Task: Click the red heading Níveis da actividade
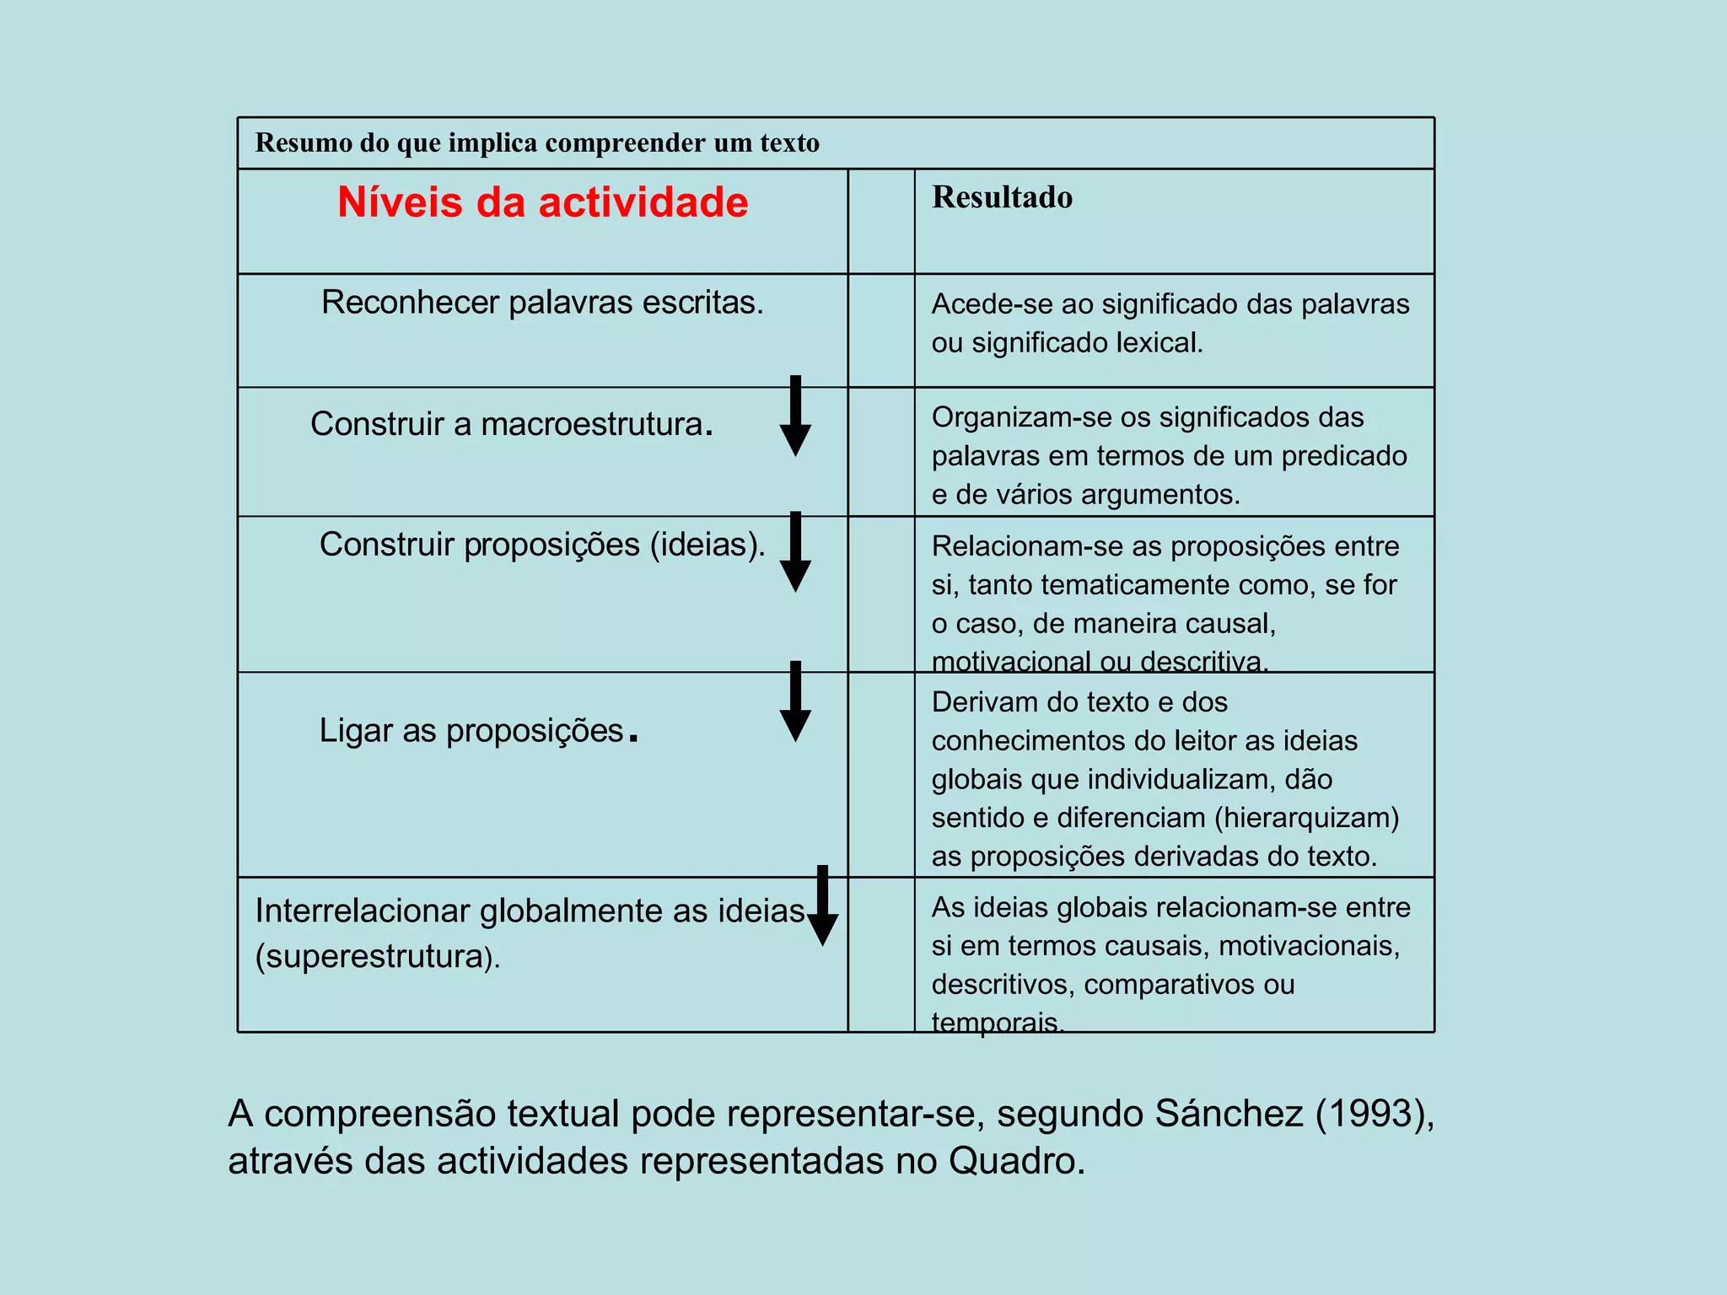pyautogui.click(x=542, y=203)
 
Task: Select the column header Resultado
pyautogui.click(x=1002, y=197)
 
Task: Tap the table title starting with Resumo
pyautogui.click(x=537, y=142)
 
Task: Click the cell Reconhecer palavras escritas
pyautogui.click(x=542, y=303)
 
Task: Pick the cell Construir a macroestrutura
pyautogui.click(x=511, y=424)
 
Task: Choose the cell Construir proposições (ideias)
pyautogui.click(x=542, y=545)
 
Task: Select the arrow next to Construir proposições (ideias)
pyautogui.click(x=795, y=553)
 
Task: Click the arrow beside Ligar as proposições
pyautogui.click(x=795, y=702)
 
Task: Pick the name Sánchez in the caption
pyautogui.click(x=1229, y=1114)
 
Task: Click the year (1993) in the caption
pyautogui.click(x=1375, y=1114)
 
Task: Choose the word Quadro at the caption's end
pyautogui.click(x=1016, y=1162)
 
